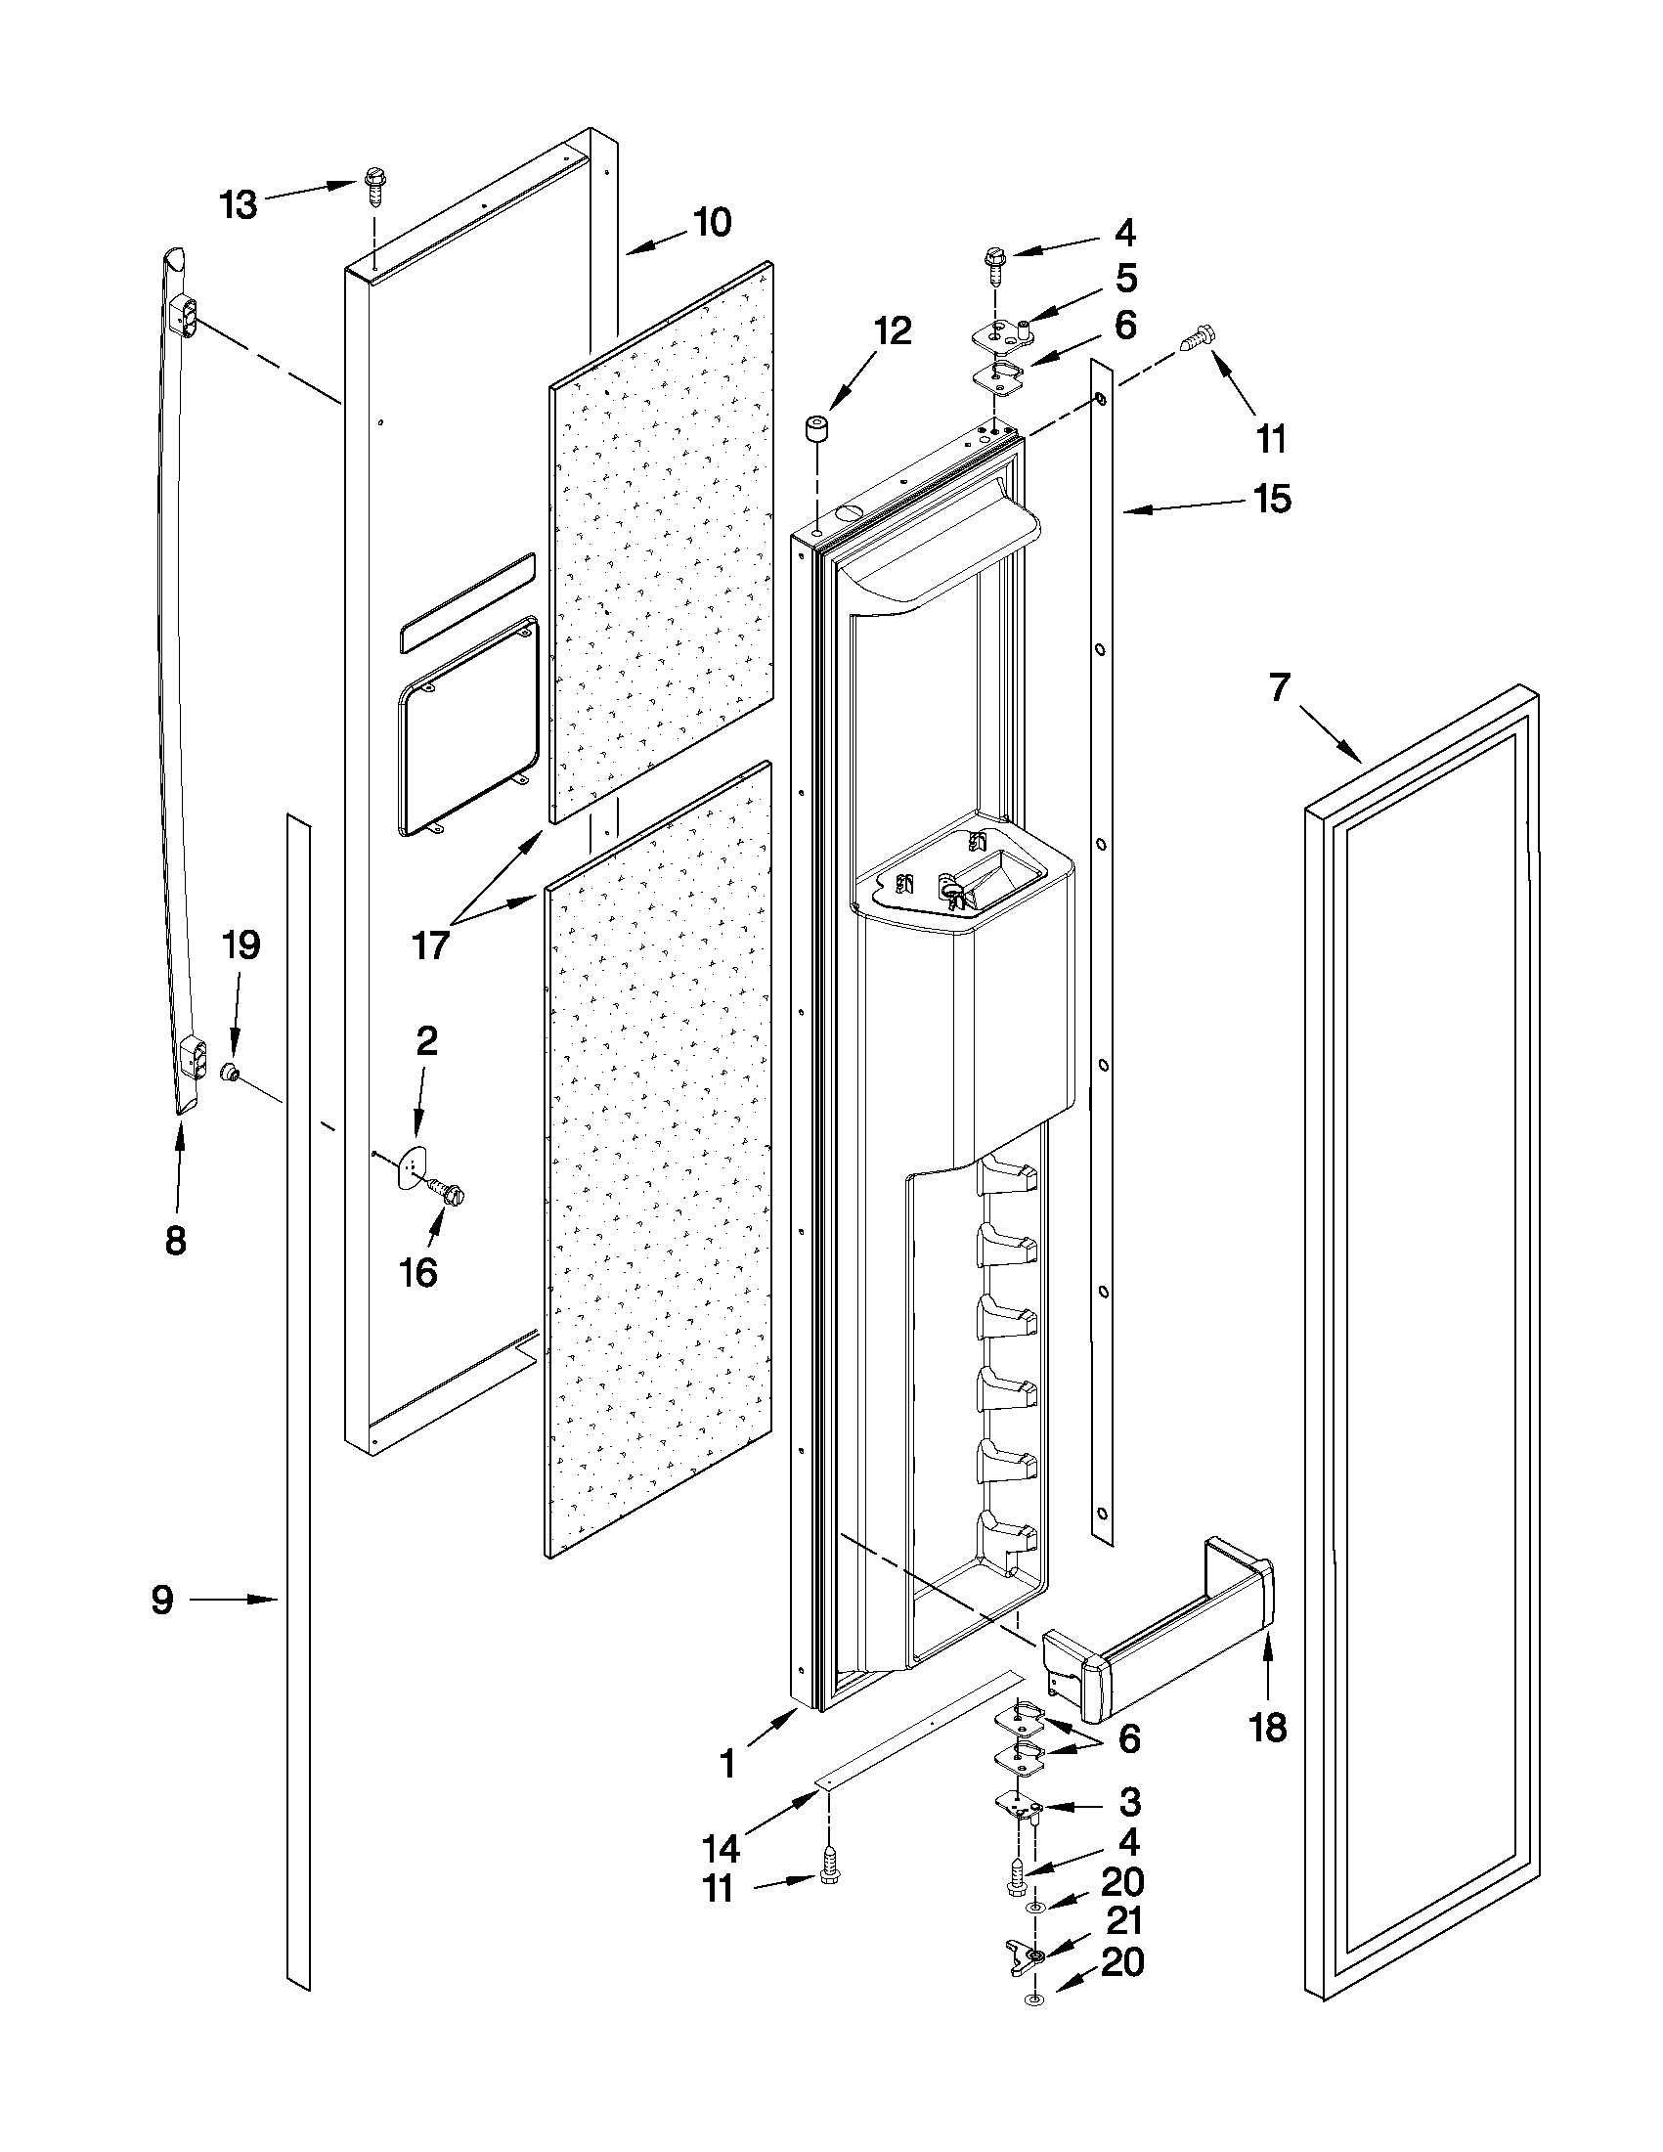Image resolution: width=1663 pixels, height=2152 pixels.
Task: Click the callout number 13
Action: [x=239, y=205]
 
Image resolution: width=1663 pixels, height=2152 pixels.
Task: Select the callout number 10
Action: [x=712, y=223]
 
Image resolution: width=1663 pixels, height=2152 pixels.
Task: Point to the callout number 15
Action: [x=1272, y=499]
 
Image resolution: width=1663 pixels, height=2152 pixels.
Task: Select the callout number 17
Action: [x=430, y=944]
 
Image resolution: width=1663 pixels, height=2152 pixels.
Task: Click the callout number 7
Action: [x=1278, y=687]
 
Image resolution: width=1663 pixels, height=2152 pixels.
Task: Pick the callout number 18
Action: [x=1269, y=1727]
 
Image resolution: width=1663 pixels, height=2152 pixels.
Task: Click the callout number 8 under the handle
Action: [x=175, y=1241]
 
